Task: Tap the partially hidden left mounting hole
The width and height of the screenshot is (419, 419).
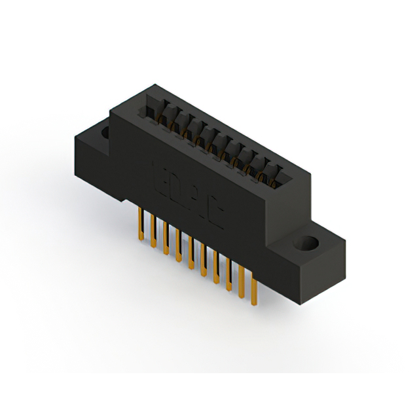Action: pos(105,133)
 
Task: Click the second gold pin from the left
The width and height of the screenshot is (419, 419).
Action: pos(153,232)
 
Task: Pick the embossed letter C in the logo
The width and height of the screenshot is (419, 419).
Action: pos(214,209)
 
